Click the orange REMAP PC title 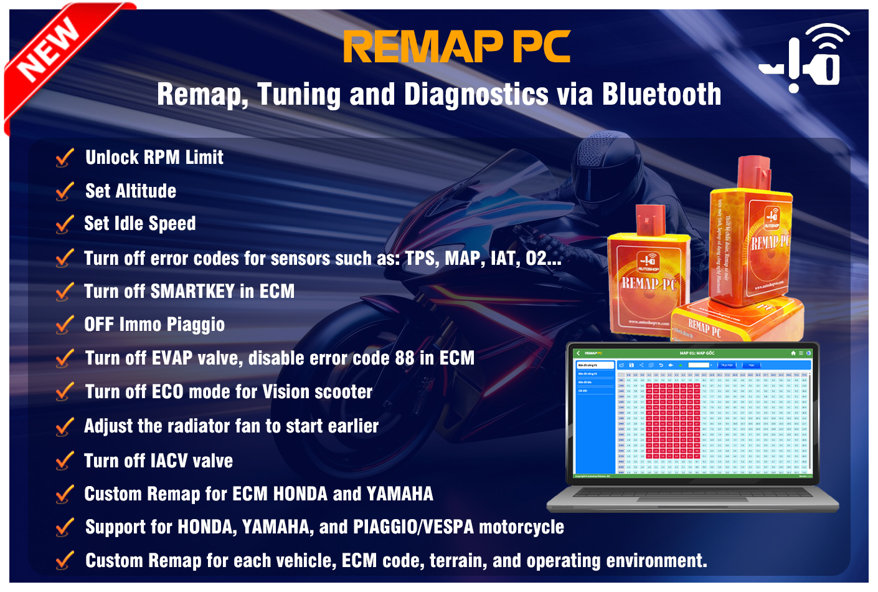coord(456,47)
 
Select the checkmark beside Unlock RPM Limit coord(65,158)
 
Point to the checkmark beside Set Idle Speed coord(65,224)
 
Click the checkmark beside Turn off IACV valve coord(65,461)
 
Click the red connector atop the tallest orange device coord(753,171)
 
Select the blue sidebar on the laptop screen coord(595,418)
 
